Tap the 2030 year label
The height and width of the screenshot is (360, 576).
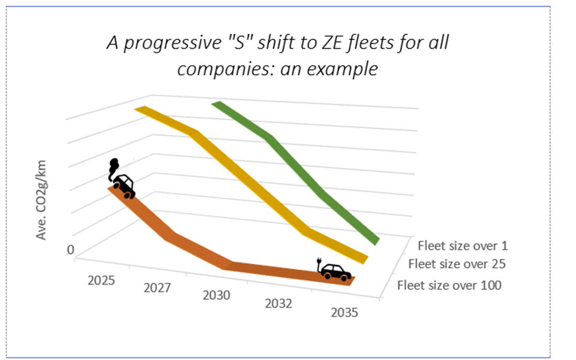pos(216,296)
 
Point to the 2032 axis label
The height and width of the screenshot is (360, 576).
pos(278,304)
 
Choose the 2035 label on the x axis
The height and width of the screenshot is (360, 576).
pos(344,313)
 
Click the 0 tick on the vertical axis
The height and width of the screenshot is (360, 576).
pos(70,250)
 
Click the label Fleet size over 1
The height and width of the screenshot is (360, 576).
pos(463,245)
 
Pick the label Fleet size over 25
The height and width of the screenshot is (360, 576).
pos(457,264)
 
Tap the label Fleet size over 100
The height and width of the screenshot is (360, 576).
pos(449,285)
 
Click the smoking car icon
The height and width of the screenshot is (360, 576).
pos(124,186)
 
